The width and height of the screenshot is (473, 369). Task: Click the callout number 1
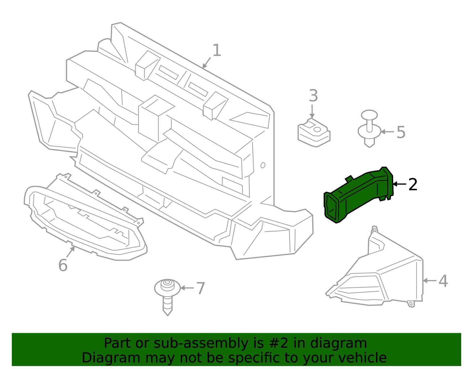(217, 51)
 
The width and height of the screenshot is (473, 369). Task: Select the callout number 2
(413, 184)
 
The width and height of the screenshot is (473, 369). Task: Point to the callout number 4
(443, 281)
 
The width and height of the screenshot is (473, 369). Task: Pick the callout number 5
(401, 132)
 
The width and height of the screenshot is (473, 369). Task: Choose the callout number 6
(63, 265)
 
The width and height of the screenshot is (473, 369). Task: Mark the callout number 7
(200, 288)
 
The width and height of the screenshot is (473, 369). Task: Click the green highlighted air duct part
(359, 195)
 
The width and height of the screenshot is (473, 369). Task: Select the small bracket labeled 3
(314, 133)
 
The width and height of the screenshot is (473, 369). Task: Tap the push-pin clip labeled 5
(370, 129)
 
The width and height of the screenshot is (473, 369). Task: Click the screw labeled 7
(167, 297)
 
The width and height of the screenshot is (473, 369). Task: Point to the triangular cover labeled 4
(374, 267)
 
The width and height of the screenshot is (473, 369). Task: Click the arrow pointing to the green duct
(399, 184)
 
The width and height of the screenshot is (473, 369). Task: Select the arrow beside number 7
(187, 288)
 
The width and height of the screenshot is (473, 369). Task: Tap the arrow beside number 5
(388, 132)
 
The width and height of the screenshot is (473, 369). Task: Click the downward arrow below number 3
(312, 112)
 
